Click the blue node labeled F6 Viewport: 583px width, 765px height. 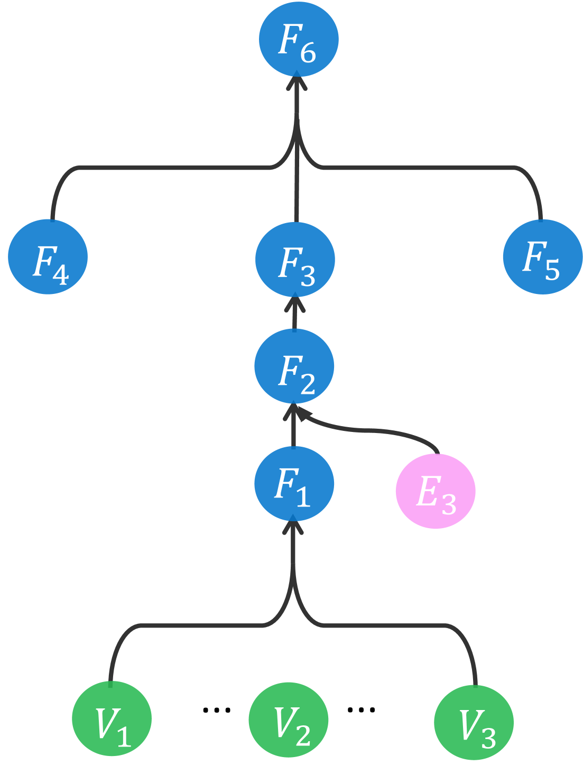coord(299,40)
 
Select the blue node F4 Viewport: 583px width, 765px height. coord(48,257)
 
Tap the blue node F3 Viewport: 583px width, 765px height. coord(295,260)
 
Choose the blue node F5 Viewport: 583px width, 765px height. coord(542,257)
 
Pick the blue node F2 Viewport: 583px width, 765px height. coord(294,366)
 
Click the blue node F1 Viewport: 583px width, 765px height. coord(294,484)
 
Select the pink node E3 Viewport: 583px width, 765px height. coord(436,491)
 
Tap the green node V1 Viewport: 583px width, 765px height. coord(112,718)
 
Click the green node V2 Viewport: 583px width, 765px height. coord(289,720)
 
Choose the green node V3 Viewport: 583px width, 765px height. coord(474,722)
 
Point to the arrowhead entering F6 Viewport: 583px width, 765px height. coord(297,82)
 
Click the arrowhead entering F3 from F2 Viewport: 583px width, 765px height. coord(295,303)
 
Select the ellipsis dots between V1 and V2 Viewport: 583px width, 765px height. coord(217,709)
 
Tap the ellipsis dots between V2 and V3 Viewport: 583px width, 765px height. coord(362,709)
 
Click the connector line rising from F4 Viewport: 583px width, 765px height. coord(159,168)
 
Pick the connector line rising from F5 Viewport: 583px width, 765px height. coord(423,168)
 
